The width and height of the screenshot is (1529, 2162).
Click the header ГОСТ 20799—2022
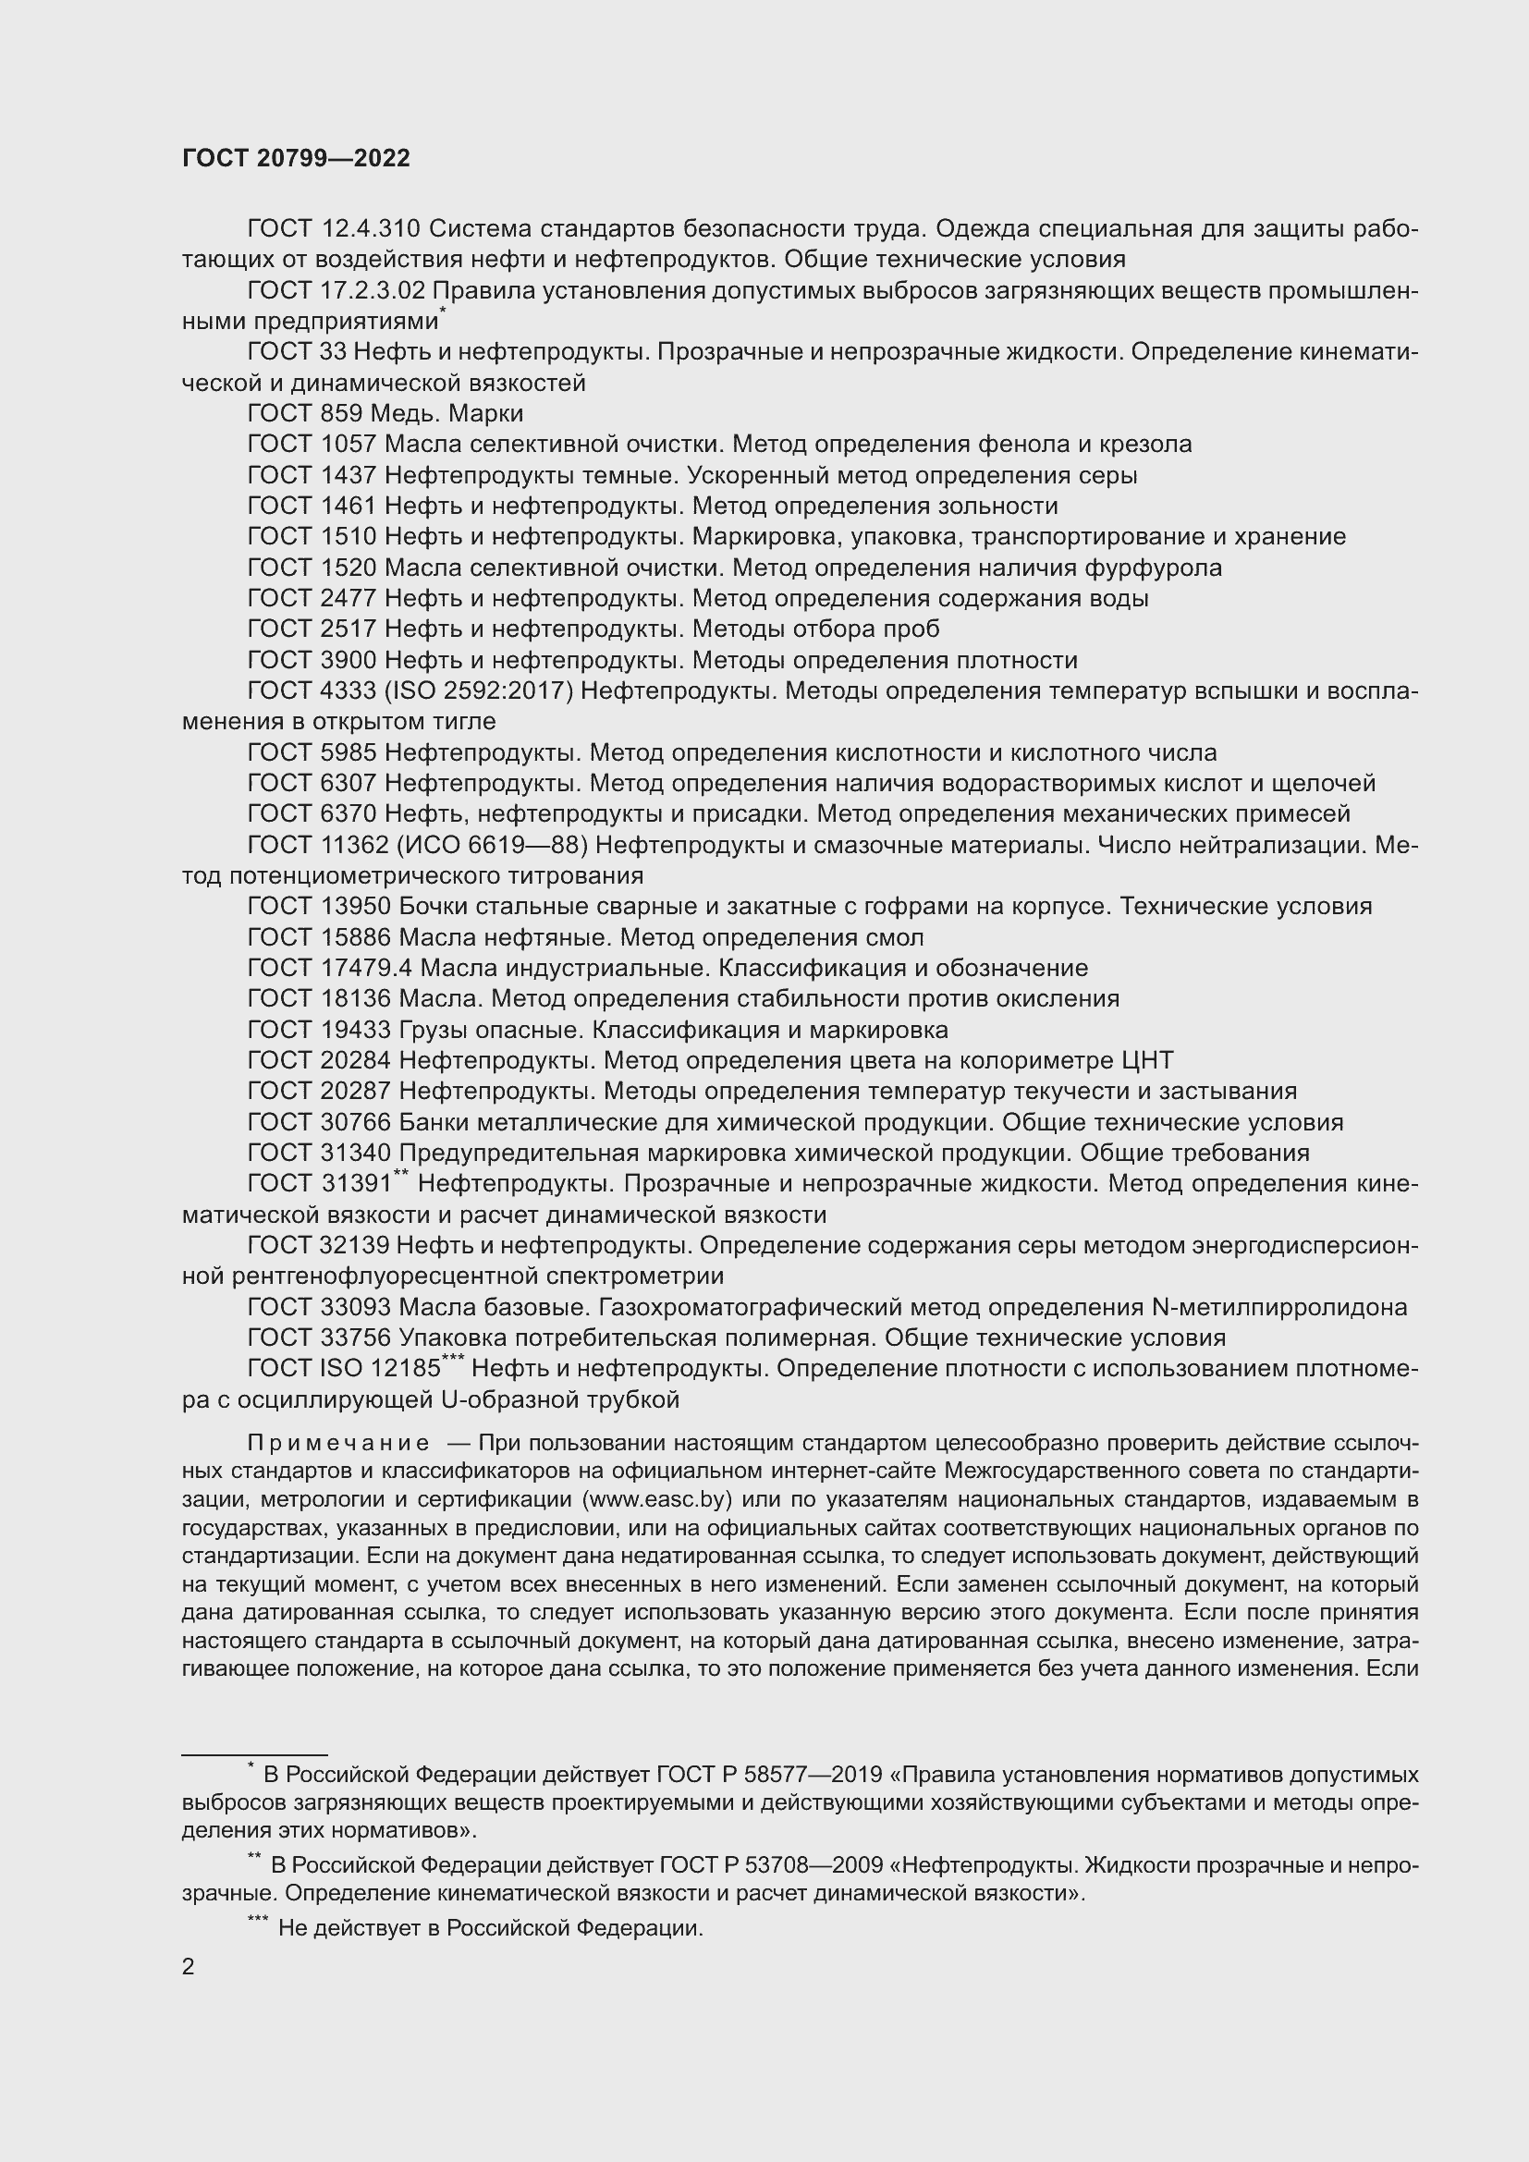click(296, 158)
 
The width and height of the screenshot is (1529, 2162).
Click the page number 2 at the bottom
click(189, 1966)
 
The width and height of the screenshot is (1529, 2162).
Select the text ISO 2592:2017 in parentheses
click(478, 691)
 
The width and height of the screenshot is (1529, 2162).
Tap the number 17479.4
click(359, 968)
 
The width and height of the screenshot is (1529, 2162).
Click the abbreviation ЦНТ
click(1148, 1060)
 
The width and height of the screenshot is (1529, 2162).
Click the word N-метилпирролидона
click(1279, 1307)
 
